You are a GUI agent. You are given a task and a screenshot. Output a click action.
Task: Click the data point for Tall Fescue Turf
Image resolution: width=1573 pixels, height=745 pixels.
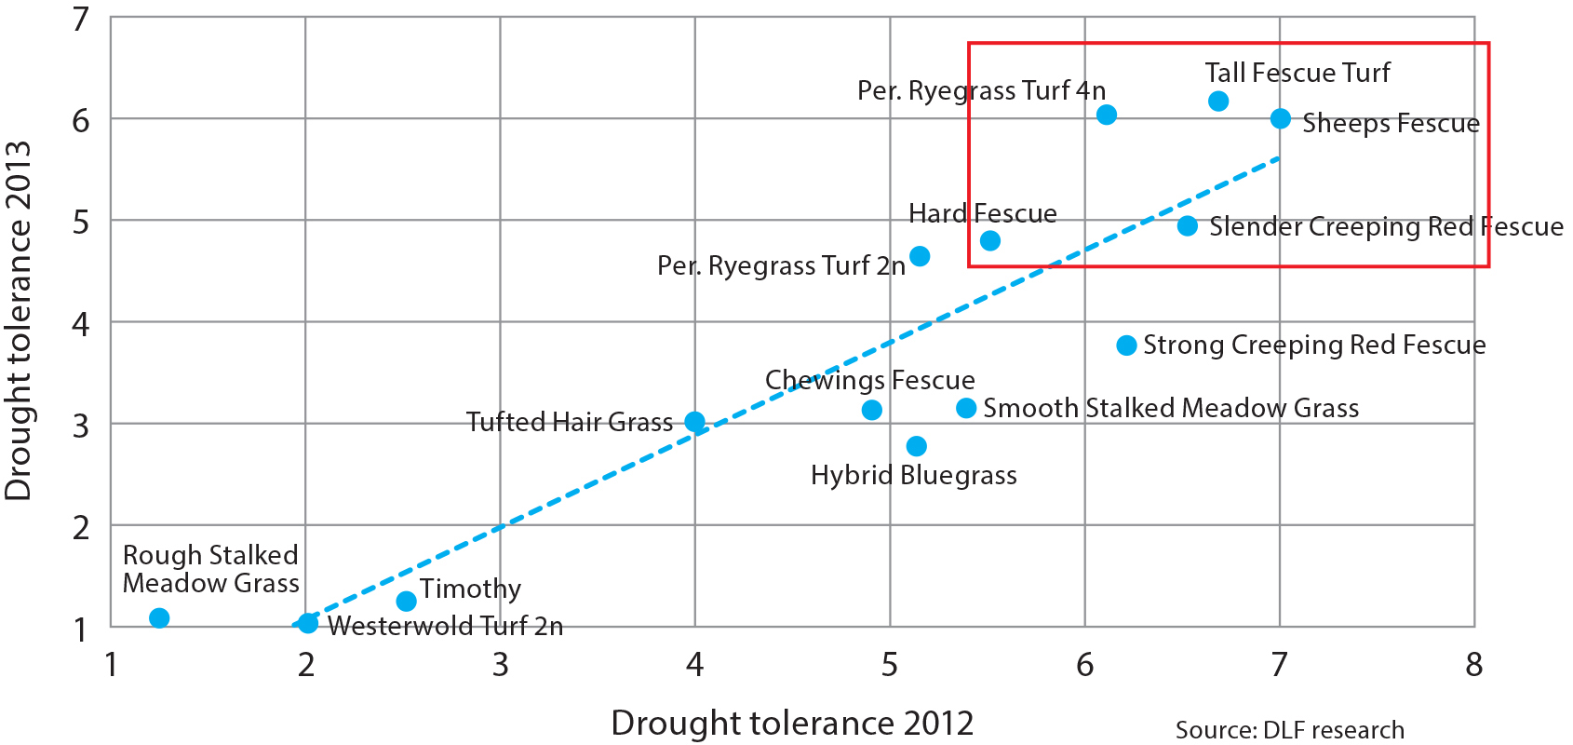(x=1218, y=101)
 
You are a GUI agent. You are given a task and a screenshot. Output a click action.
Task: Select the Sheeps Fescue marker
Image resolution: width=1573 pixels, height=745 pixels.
(x=1281, y=118)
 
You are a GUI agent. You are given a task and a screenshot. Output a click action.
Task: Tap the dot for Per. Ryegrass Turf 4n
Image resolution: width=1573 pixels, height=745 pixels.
(x=1107, y=115)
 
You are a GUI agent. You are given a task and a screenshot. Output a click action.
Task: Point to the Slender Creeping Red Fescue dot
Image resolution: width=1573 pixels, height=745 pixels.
(x=1188, y=225)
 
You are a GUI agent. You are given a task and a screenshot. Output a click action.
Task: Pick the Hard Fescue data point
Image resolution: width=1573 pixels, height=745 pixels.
(x=990, y=240)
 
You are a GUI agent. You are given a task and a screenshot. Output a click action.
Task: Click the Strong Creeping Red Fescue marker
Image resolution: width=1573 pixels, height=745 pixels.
(x=1126, y=345)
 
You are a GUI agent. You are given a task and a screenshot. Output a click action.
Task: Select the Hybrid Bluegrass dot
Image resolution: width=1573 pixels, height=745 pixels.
(x=917, y=446)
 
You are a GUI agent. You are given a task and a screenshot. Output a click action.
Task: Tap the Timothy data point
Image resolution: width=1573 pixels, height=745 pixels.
(x=406, y=601)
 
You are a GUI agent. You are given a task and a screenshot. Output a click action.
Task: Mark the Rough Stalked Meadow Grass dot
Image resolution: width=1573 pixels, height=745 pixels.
(x=159, y=617)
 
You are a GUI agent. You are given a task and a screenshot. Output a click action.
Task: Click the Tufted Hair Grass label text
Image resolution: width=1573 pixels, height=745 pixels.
(x=570, y=423)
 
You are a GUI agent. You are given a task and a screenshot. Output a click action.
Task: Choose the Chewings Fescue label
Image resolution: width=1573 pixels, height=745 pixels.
(x=869, y=380)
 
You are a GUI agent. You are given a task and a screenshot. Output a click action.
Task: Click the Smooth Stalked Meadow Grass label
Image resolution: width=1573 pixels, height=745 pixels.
(x=1171, y=408)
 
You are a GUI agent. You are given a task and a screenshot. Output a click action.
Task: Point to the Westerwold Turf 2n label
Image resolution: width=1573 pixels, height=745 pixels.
(x=446, y=626)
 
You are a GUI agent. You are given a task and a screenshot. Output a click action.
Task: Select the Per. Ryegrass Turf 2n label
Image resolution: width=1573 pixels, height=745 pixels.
(x=781, y=266)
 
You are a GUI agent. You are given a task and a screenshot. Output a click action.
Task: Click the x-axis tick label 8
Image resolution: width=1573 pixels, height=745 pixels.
(x=1473, y=665)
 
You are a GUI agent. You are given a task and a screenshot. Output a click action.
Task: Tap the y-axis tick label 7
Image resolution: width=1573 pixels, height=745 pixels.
(x=81, y=19)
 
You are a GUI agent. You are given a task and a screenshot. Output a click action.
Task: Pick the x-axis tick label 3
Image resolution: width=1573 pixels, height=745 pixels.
(x=501, y=665)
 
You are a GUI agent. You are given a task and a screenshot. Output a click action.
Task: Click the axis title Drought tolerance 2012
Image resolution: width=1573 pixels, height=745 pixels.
(x=792, y=723)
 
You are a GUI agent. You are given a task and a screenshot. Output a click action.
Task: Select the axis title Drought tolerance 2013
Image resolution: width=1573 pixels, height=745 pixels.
(x=19, y=321)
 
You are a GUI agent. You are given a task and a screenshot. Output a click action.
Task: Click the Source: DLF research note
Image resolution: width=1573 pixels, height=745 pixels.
(x=1289, y=730)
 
